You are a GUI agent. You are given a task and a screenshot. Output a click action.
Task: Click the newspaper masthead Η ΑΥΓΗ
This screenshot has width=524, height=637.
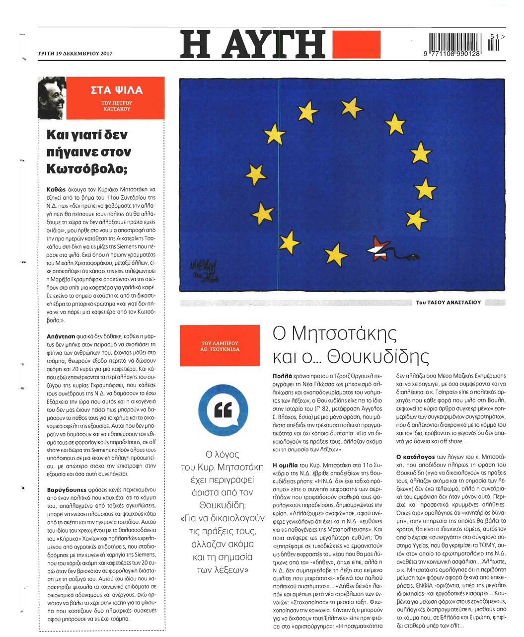tap(253, 44)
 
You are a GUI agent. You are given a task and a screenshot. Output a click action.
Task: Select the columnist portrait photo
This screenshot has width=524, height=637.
tap(52, 97)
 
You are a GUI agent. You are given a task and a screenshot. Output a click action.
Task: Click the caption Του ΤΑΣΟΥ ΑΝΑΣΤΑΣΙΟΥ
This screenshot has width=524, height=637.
tap(448, 302)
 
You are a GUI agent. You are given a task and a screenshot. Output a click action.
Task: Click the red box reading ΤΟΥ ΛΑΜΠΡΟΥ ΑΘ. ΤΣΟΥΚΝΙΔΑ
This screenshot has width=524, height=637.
tap(220, 346)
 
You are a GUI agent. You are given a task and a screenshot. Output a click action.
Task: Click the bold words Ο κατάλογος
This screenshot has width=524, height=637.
tap(415, 456)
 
